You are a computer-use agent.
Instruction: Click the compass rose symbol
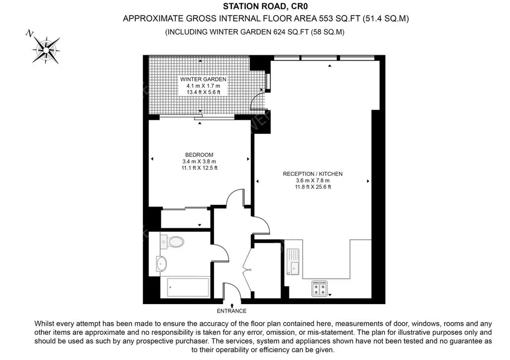tap(46, 50)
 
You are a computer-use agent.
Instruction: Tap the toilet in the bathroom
tap(172, 242)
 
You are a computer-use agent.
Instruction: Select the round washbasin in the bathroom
tap(161, 263)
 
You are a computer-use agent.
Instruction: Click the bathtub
tap(188, 287)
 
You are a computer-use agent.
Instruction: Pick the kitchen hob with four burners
tap(320, 289)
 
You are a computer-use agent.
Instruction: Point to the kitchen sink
tap(293, 262)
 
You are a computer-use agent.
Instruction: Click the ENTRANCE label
tap(232, 311)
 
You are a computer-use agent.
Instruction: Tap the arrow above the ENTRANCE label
tap(232, 305)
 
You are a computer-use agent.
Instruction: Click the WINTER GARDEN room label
tap(203, 79)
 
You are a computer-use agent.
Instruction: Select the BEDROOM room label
tap(199, 155)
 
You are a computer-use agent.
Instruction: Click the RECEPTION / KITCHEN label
tap(313, 174)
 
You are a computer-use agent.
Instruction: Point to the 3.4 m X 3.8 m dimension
tap(199, 161)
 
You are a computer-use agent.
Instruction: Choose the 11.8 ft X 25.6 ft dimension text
tap(313, 187)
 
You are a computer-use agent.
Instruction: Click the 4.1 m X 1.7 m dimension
tap(203, 86)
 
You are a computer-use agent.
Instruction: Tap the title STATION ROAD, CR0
tap(265, 6)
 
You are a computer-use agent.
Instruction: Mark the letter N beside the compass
tap(30, 33)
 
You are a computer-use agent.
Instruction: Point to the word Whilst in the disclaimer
tap(45, 324)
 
